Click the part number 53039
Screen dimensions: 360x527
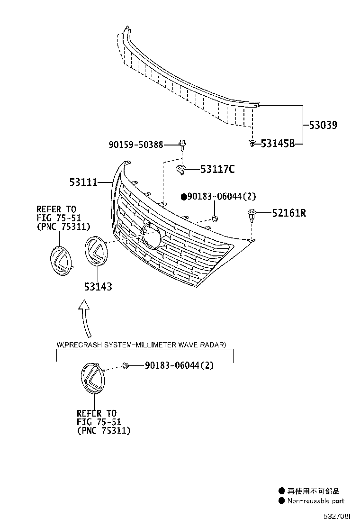pos(323,125)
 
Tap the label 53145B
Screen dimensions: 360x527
pos(278,144)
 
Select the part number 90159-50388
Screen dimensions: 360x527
pos(135,145)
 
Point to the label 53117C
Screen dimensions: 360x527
pos(217,169)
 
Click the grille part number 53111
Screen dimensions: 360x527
pos(83,182)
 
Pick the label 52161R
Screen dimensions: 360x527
pos(289,213)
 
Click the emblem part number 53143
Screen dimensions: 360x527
pos(98,287)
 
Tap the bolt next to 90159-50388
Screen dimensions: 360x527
pos(182,145)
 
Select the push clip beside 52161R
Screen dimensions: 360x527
pos(252,215)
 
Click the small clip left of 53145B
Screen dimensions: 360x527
pos(252,144)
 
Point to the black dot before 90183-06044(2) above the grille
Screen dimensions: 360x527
pos(184,197)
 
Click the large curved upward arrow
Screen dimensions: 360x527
pos(85,318)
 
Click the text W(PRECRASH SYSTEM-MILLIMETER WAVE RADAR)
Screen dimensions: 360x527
pos(141,345)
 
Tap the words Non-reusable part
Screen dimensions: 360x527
pos(315,501)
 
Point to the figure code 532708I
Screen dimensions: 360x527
pos(337,516)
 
